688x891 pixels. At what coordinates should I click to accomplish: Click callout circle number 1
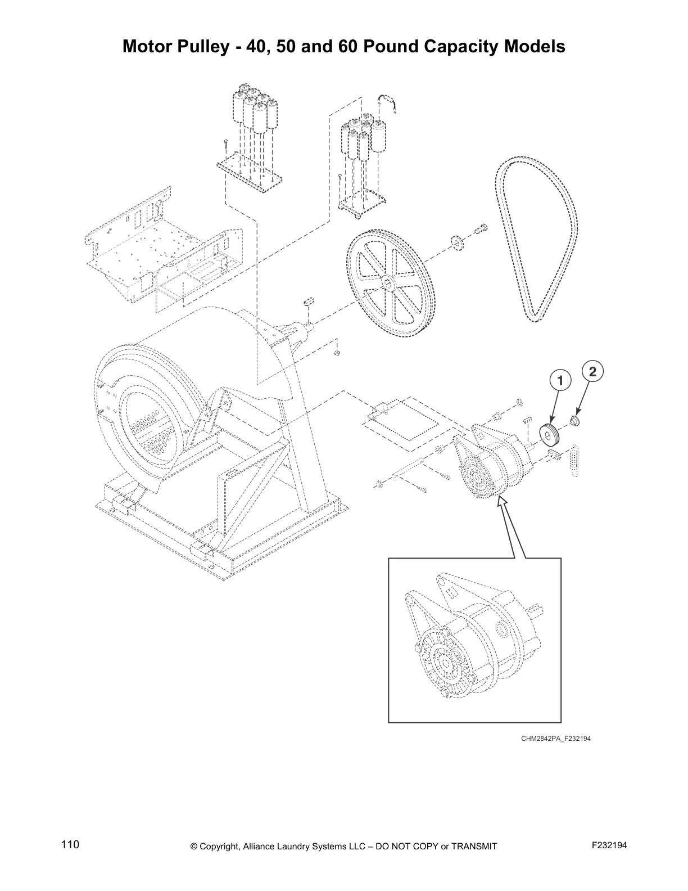click(559, 381)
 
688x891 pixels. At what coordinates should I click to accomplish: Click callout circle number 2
click(592, 371)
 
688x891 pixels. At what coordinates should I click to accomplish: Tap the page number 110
click(70, 845)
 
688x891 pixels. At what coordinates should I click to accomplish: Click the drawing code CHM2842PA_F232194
click(555, 739)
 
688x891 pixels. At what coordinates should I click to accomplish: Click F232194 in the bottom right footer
click(609, 845)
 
